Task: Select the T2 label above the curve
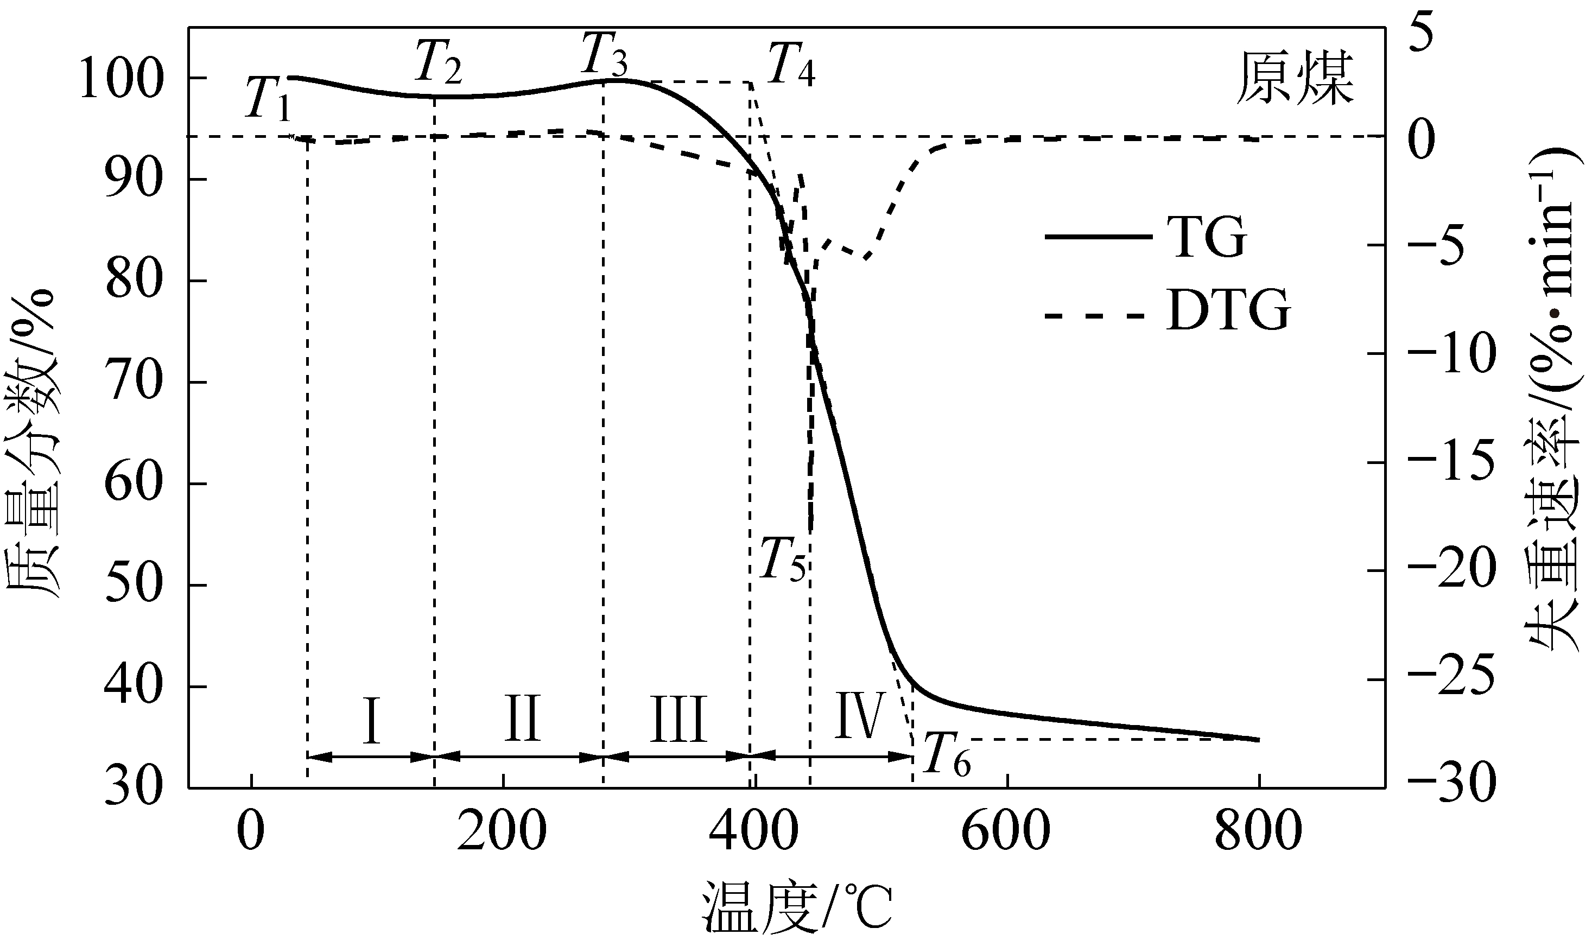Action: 439,62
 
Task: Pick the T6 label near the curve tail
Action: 947,756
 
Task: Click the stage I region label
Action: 371,721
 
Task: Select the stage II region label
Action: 522,720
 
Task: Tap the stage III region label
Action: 678,720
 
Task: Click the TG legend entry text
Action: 1206,237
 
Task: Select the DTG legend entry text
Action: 1228,312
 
